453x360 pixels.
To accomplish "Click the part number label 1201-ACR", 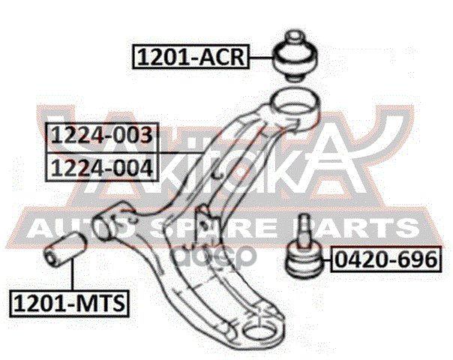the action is pos(190,55).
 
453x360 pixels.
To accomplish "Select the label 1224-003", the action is pos(101,136).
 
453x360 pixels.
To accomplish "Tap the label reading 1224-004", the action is pos(101,166).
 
